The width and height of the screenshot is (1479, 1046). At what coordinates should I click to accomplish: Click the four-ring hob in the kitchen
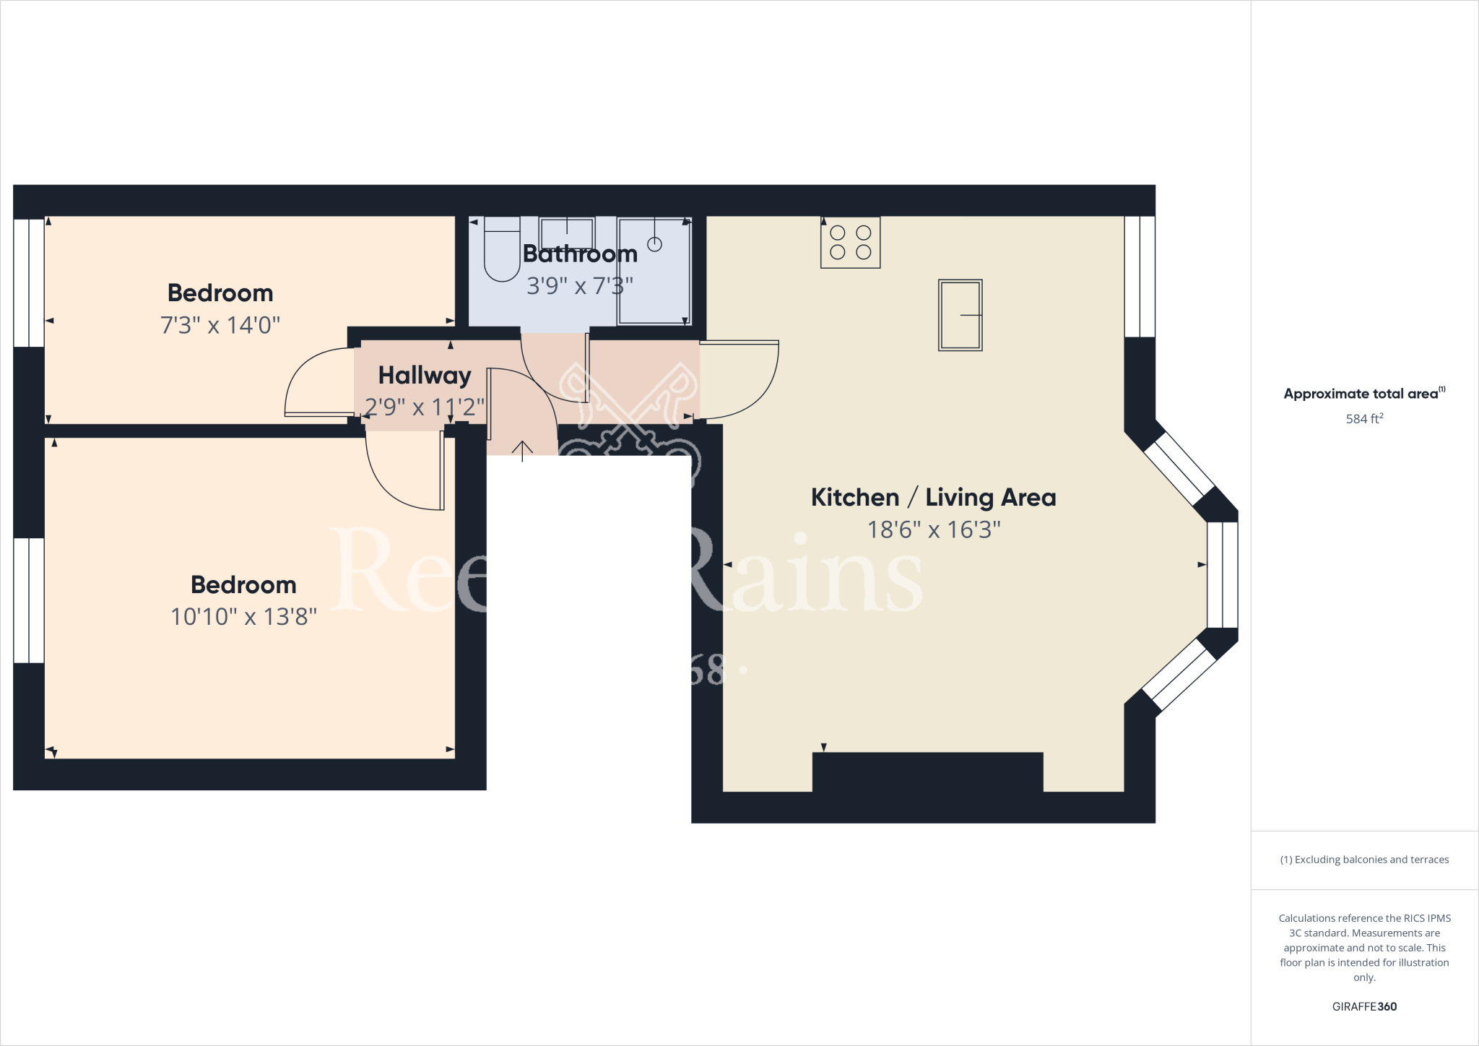coord(850,243)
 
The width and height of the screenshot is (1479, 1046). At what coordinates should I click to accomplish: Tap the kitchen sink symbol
coord(960,315)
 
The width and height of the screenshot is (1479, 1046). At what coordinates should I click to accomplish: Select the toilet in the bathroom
coord(502,249)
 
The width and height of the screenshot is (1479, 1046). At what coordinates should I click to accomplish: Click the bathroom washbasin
coord(567,234)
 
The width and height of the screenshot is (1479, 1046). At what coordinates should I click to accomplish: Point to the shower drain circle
coord(654,244)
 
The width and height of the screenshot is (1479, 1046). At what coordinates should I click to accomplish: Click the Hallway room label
coord(425,376)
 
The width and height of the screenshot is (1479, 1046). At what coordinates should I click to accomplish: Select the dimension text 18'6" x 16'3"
coord(934,530)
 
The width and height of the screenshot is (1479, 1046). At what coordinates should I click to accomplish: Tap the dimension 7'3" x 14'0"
coord(220,325)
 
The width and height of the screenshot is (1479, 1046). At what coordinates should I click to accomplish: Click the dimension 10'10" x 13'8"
coord(243,617)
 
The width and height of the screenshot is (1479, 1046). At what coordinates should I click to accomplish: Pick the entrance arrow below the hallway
coord(522,450)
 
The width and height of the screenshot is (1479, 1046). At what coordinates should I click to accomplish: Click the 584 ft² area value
coord(1364,418)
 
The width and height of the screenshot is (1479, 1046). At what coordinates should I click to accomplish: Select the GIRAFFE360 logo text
coord(1364,1006)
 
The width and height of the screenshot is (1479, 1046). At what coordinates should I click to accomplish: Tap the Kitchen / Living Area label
coord(933,498)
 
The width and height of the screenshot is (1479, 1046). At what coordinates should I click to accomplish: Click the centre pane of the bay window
coord(1223,575)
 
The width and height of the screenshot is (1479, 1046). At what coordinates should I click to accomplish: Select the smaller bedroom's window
coord(29,282)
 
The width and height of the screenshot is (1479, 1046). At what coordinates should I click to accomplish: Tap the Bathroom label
coord(580,254)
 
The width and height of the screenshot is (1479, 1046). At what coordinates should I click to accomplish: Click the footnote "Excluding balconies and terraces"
coord(1364,860)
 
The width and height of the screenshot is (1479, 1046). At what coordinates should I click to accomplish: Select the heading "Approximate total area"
coord(1361,394)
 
